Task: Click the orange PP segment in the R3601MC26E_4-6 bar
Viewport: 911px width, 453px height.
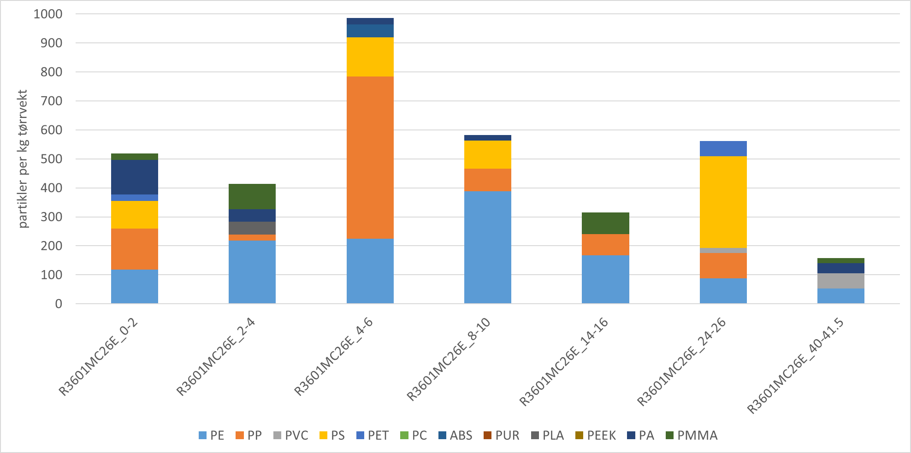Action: (x=370, y=157)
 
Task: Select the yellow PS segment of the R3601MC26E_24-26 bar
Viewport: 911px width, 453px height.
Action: (x=723, y=202)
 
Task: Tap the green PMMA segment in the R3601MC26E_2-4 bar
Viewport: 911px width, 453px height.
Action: (x=252, y=196)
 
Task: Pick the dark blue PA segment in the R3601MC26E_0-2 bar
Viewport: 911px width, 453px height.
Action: (x=134, y=177)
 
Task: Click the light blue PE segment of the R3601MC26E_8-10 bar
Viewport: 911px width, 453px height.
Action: (x=487, y=247)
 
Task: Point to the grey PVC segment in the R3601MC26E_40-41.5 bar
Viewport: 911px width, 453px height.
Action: (x=840, y=281)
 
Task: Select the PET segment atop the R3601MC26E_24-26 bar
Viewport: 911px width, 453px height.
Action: (x=723, y=148)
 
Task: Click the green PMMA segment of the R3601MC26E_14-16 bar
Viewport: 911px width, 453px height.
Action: (x=605, y=223)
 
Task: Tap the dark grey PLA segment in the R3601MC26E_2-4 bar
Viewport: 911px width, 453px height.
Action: (x=252, y=228)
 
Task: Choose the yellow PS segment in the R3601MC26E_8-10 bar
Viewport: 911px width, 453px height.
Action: (x=487, y=154)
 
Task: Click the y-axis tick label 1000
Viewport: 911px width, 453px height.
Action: (x=48, y=14)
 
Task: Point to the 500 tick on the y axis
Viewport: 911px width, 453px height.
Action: (x=52, y=159)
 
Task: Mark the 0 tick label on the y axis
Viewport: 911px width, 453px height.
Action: (x=59, y=304)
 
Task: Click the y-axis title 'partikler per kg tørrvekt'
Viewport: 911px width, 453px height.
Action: (x=24, y=159)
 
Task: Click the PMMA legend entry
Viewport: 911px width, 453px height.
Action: (x=692, y=435)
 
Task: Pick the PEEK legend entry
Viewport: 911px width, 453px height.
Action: (x=596, y=435)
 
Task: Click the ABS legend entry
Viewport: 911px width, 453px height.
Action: (x=455, y=435)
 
